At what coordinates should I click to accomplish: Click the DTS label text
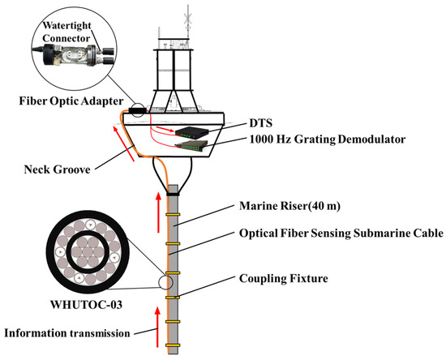pos(261,123)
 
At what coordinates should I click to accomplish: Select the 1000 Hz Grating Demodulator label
pos(328,139)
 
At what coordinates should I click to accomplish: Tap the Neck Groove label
pos(58,169)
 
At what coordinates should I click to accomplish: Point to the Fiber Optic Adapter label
pos(71,101)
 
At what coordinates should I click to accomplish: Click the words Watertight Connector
pos(66,32)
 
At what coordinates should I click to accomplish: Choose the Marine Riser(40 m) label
pos(289,206)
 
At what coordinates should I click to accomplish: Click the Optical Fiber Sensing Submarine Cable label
pos(341,234)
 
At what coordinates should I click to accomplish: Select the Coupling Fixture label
pos(283,278)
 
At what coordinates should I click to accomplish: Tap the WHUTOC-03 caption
pos(86,305)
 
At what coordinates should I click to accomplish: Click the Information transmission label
pos(67,333)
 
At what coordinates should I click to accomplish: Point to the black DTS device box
pos(191,131)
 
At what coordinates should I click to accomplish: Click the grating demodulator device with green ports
pos(191,146)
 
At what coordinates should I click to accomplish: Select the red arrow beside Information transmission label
pos(157,328)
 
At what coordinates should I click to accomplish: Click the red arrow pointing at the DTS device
pos(165,130)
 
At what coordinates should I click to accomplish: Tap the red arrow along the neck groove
pos(123,144)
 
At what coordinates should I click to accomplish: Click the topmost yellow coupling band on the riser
pos(173,215)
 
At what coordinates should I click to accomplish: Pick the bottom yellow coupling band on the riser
pos(173,345)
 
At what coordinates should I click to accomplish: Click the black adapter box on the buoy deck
pos(137,110)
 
